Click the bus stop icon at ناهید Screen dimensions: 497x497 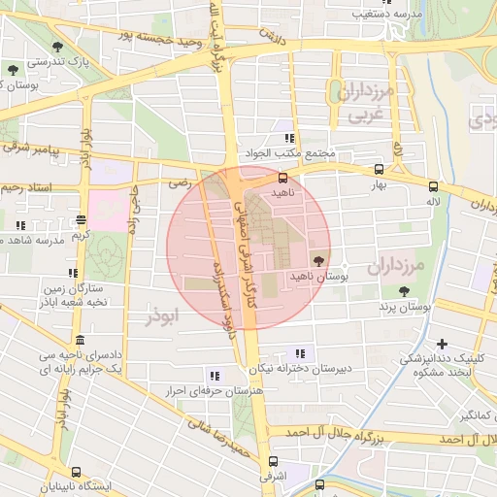tap(282, 178)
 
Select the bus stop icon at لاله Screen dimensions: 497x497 tap(433, 186)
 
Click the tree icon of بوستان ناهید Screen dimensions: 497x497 tap(318, 260)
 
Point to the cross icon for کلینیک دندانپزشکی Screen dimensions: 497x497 tap(443, 344)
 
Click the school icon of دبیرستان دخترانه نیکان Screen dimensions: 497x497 tap(299, 352)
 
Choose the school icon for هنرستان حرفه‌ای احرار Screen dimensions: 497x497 tap(213, 376)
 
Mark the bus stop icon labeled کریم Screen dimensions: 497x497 tap(80, 219)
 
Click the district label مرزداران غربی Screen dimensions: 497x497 tap(365, 101)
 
